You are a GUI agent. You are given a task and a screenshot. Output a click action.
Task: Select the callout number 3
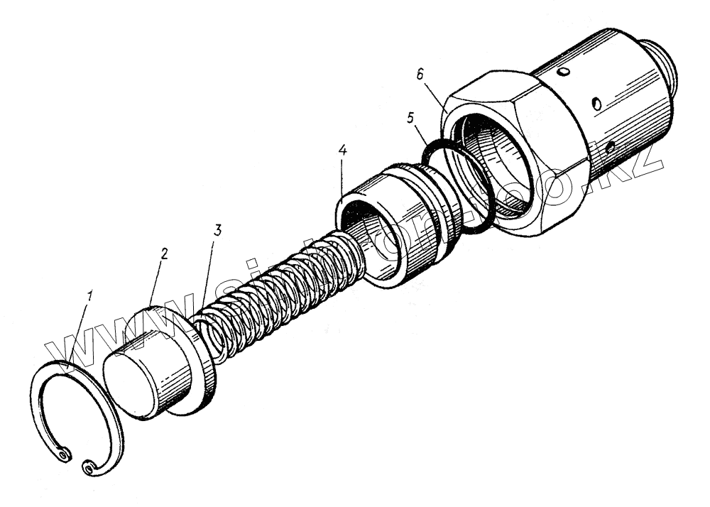click(x=218, y=231)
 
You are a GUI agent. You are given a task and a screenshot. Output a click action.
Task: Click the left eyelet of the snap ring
click(x=65, y=452)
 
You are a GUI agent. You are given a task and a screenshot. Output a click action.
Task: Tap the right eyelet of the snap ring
click(x=88, y=467)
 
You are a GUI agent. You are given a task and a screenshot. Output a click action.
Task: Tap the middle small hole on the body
click(x=597, y=105)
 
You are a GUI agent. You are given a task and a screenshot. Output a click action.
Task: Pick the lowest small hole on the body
click(x=609, y=148)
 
